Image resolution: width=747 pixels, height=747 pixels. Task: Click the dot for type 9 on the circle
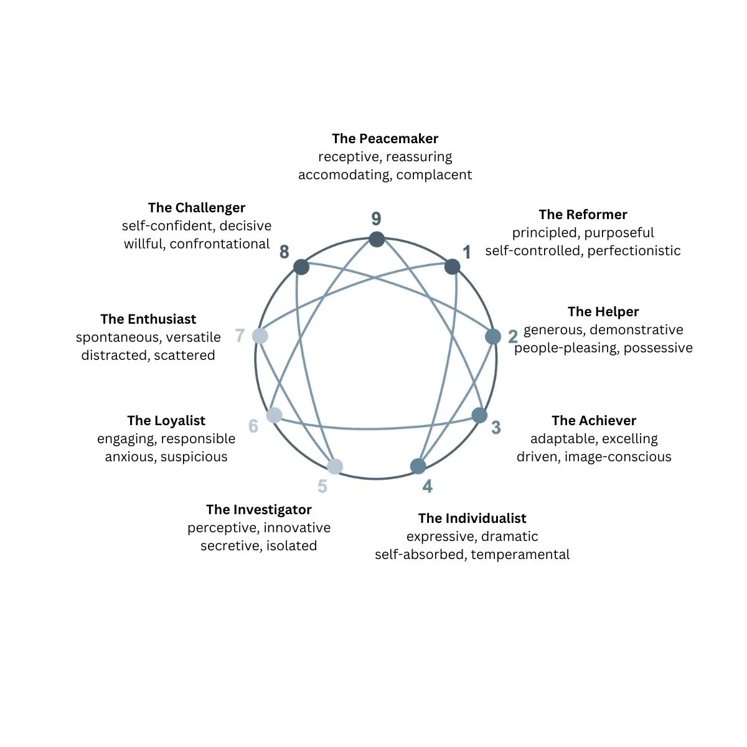(x=377, y=239)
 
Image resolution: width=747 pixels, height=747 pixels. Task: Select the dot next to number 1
(x=453, y=267)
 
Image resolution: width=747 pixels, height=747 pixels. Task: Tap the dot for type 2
(x=493, y=337)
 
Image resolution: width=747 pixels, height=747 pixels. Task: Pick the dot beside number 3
(x=479, y=415)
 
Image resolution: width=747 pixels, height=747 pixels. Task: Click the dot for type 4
(x=418, y=466)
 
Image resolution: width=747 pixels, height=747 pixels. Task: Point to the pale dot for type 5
(x=335, y=466)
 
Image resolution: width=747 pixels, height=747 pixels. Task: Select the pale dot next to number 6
(x=274, y=415)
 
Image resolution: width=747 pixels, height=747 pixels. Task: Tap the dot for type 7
(x=260, y=336)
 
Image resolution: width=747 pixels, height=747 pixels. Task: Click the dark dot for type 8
(x=301, y=267)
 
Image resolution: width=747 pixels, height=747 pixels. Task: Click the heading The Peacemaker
(x=385, y=139)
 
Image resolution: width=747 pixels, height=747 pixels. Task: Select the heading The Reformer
(x=583, y=215)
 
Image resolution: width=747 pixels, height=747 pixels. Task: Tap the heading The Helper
(x=603, y=312)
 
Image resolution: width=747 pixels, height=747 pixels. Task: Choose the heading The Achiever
(x=594, y=421)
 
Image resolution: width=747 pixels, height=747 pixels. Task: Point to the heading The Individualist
(x=472, y=519)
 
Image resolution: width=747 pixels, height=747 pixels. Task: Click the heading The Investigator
(x=259, y=510)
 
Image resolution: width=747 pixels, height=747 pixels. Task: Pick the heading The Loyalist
(x=166, y=421)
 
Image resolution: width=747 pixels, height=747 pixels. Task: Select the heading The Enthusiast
(x=148, y=319)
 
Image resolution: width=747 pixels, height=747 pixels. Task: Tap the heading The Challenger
(x=197, y=208)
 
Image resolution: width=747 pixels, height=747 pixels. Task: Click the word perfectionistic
(x=634, y=251)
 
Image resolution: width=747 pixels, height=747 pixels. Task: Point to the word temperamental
(x=520, y=555)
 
